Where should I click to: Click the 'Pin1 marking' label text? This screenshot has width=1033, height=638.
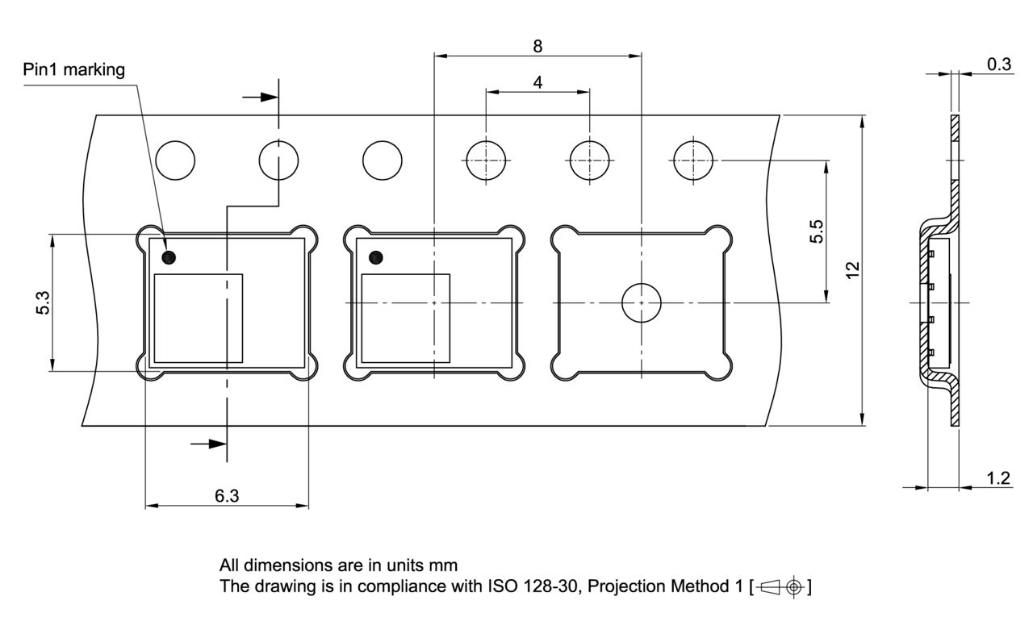(73, 69)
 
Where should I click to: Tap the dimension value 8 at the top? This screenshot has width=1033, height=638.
(537, 45)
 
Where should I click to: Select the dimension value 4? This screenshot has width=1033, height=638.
(537, 81)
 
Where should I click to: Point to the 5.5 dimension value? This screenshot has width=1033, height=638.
(817, 231)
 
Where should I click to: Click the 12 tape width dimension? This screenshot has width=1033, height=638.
(852, 269)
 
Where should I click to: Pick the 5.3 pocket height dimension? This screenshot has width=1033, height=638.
(44, 303)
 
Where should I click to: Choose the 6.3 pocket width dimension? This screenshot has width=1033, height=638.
(227, 496)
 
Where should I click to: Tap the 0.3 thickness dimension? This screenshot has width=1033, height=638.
(999, 65)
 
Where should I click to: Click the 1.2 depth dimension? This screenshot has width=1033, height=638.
(998, 478)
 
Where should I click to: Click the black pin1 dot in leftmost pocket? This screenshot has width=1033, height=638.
(169, 257)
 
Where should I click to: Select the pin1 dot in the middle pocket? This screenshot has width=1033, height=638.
(375, 257)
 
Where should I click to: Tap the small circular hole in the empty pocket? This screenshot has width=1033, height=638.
(641, 303)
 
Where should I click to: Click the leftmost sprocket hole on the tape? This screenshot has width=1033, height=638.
(175, 160)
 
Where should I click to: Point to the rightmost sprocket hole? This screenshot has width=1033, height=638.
(693, 160)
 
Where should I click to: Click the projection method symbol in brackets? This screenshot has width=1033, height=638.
(780, 586)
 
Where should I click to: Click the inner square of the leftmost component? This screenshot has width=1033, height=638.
(199, 318)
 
